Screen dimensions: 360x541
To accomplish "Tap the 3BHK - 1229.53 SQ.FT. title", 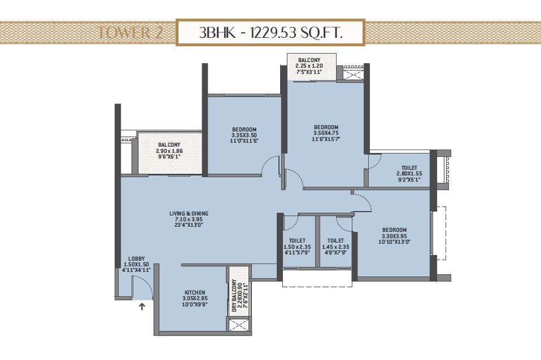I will (270, 33).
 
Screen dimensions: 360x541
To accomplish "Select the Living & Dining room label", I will (189, 213).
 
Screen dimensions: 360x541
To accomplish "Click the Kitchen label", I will (194, 292).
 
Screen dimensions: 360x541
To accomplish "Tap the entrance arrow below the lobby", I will (142, 307).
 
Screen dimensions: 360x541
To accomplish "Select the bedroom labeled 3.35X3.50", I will (244, 129).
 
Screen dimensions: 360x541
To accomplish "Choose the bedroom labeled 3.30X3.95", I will (394, 230).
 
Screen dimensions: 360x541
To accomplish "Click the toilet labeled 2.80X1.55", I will (409, 168).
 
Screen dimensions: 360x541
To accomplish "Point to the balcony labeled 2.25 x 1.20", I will (309, 60).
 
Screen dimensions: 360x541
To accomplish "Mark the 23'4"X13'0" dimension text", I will (189, 225).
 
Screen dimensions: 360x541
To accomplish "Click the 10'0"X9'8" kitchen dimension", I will (194, 304).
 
